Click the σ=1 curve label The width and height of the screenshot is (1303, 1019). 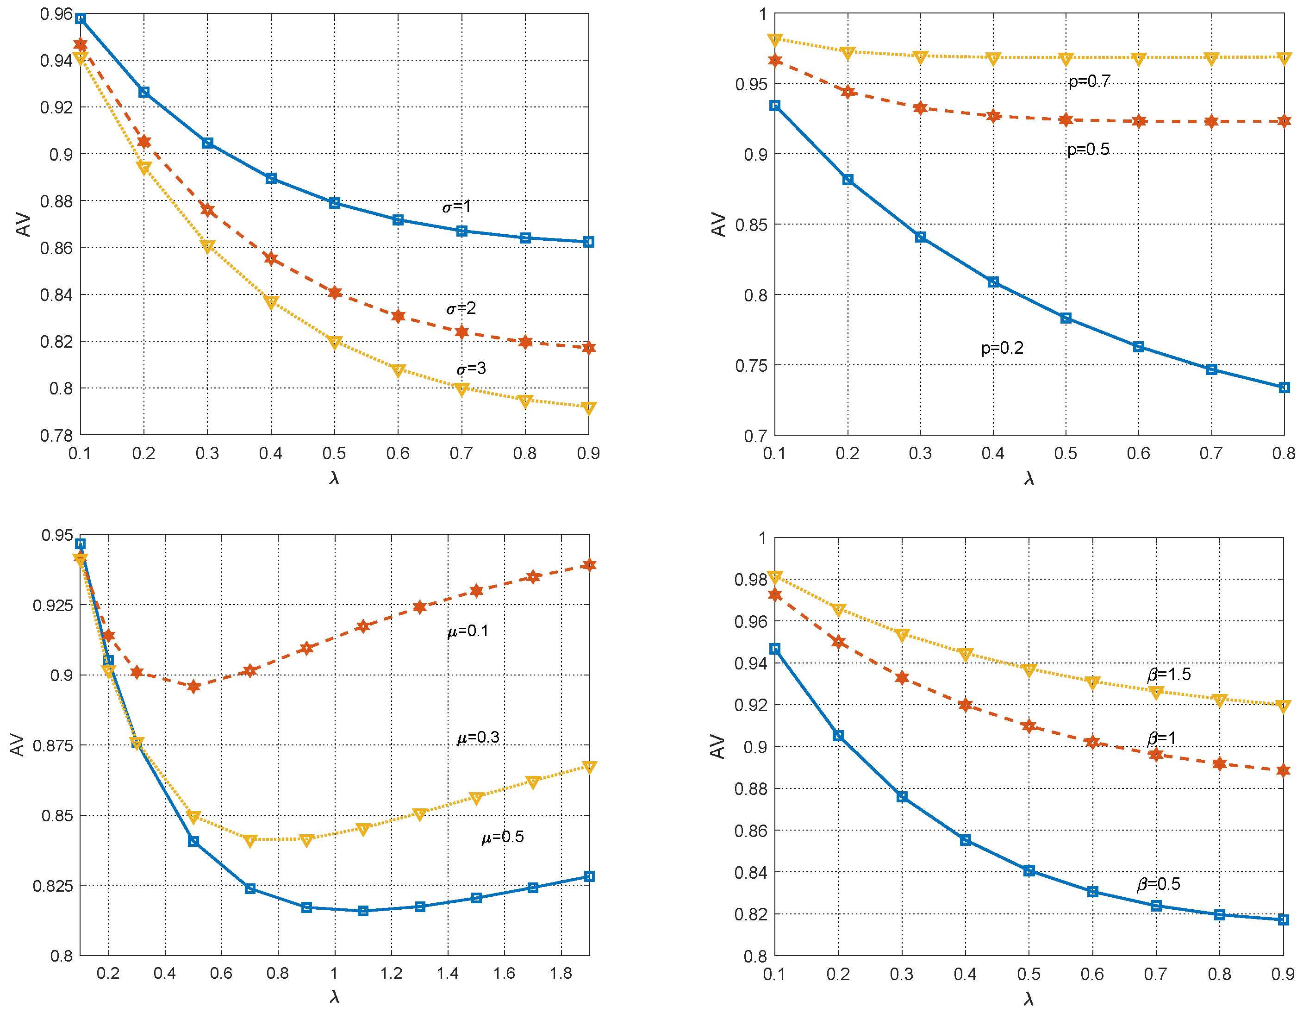(x=456, y=206)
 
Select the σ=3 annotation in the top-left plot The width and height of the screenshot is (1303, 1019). (x=471, y=368)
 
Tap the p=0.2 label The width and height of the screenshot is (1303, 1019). (x=1002, y=347)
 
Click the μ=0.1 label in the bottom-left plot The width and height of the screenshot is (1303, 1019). (x=468, y=631)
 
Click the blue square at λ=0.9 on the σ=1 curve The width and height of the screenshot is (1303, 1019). (x=588, y=242)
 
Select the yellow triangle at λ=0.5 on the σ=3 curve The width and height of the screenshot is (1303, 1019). (x=335, y=342)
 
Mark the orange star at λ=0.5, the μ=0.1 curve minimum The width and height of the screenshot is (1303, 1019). (x=193, y=686)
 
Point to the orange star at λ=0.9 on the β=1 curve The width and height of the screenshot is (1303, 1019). (x=1283, y=770)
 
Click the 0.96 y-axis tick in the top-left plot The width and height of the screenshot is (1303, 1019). (x=56, y=14)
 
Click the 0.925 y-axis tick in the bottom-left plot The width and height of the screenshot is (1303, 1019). (x=52, y=606)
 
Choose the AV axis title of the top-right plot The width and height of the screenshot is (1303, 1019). (x=718, y=225)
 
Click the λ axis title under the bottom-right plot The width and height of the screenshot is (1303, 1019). (x=1029, y=999)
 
